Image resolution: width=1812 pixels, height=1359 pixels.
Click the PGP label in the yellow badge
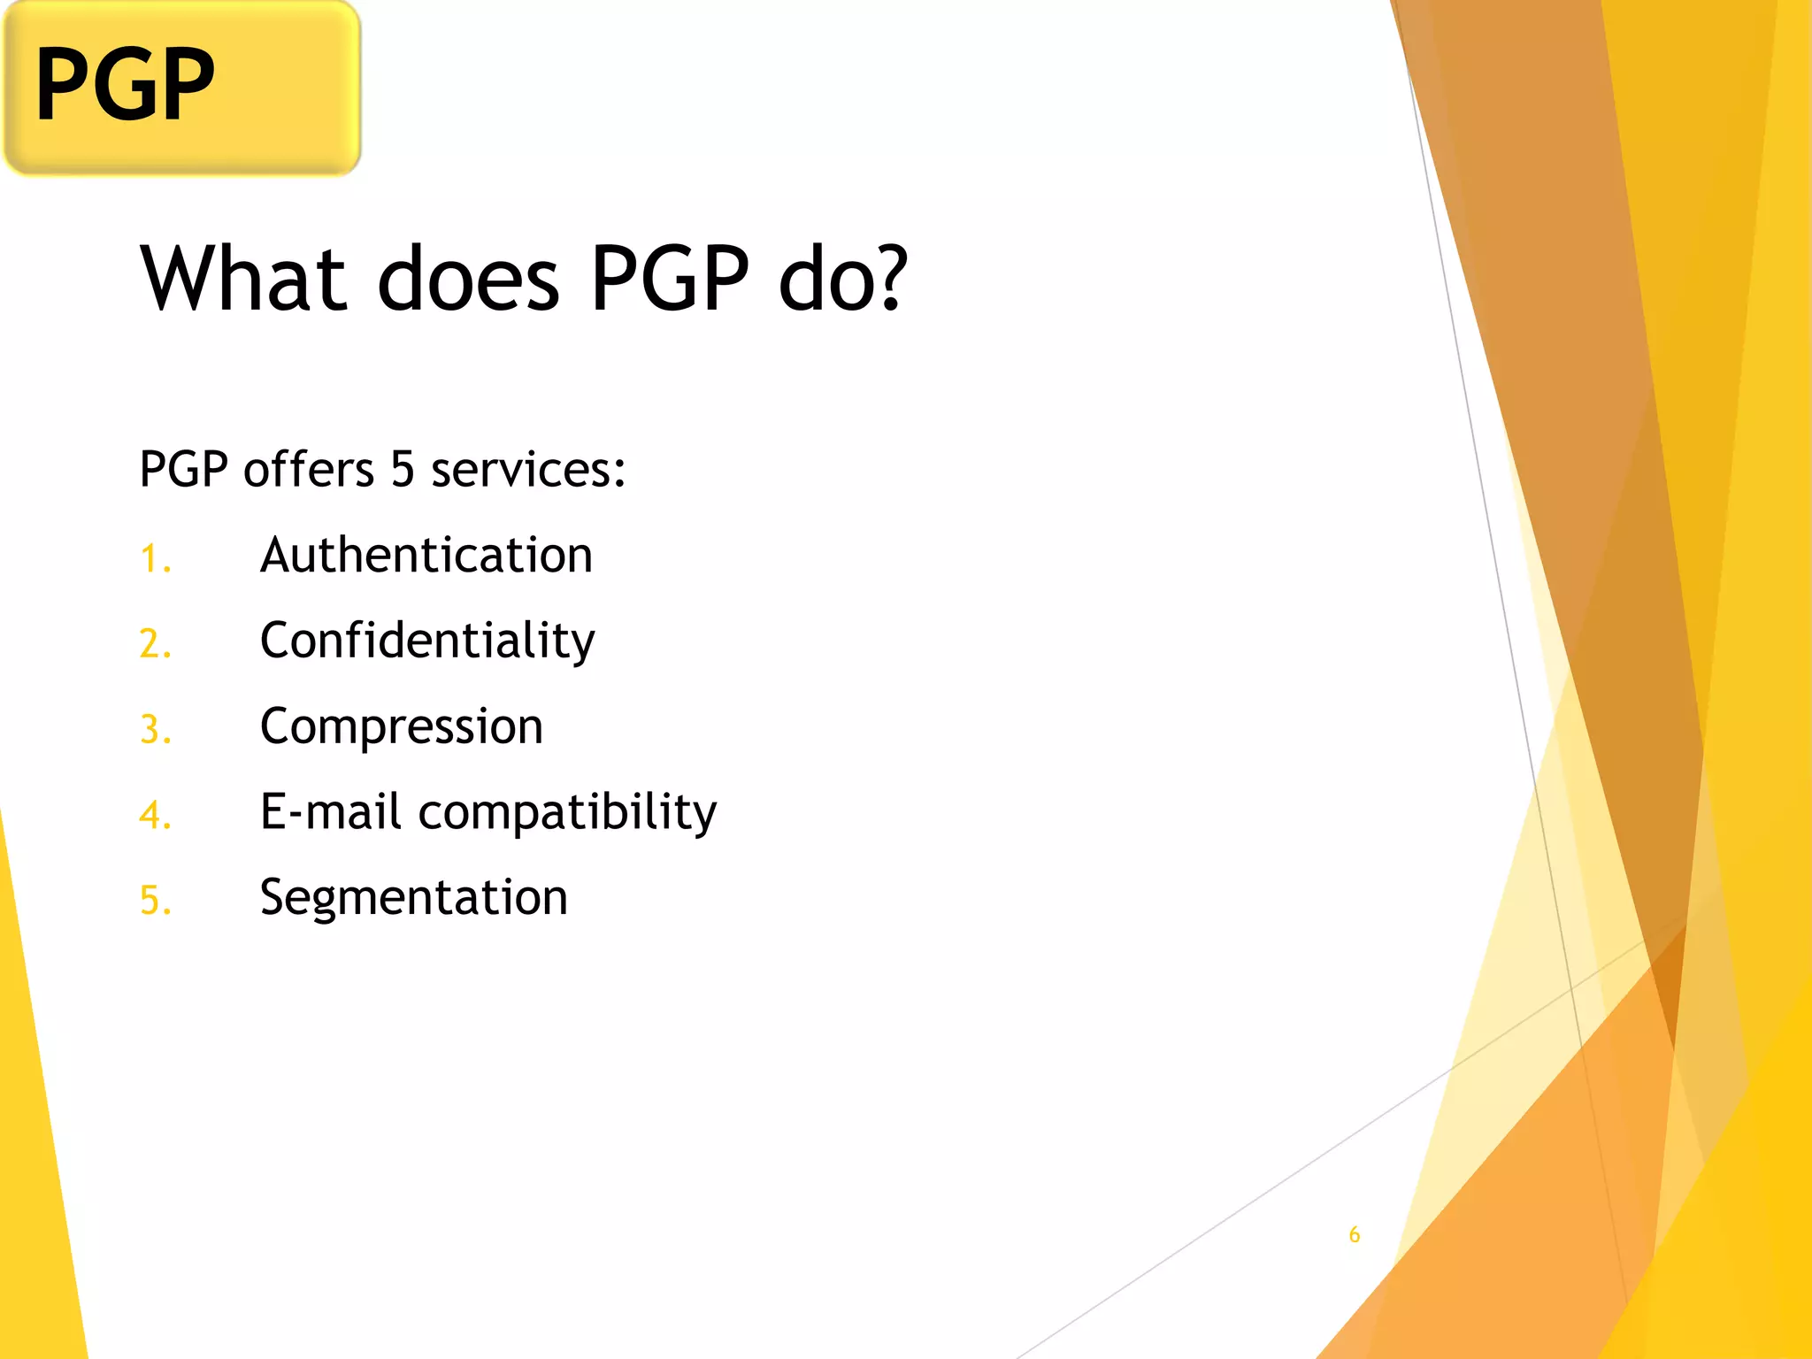point(125,85)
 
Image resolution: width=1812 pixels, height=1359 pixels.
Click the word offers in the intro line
point(309,469)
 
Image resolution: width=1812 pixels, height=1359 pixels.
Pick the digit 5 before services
point(403,469)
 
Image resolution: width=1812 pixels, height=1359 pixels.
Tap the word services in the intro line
point(527,469)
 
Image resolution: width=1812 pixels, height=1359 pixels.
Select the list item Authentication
point(426,556)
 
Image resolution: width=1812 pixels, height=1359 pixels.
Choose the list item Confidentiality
point(427,641)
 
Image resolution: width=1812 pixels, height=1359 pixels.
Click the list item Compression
point(401,726)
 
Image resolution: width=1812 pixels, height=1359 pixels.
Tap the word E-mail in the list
point(330,811)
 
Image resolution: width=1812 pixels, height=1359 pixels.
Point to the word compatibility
point(567,813)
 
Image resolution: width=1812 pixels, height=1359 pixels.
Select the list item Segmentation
point(413,897)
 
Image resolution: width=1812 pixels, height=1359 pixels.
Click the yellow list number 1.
point(154,559)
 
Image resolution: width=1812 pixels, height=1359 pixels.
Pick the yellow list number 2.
point(154,643)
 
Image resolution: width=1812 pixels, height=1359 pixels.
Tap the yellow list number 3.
point(154,730)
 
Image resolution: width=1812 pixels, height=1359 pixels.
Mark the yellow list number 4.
point(154,815)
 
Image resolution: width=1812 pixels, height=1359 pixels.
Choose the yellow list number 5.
point(154,901)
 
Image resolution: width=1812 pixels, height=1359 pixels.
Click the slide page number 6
point(1354,1234)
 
